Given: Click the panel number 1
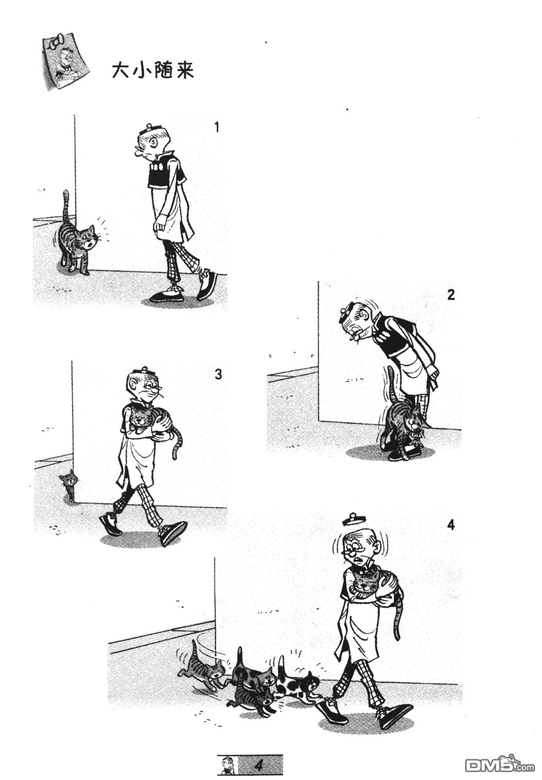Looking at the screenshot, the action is pos(217,128).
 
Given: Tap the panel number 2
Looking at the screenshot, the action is pos(451,294).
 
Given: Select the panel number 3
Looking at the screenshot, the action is pos(218,374).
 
